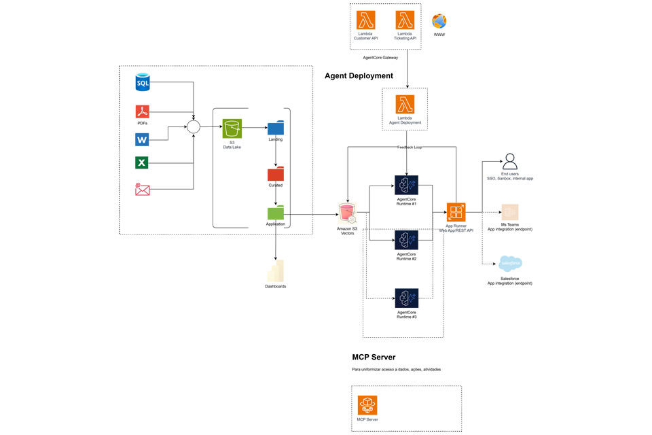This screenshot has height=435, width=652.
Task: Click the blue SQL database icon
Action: [x=143, y=83]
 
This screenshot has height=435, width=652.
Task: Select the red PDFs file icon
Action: [x=142, y=111]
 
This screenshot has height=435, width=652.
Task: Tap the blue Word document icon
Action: [x=142, y=140]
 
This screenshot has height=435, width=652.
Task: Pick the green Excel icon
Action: [x=142, y=162]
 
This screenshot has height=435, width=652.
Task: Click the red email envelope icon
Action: [x=142, y=189]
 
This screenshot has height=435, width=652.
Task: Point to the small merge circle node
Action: [x=194, y=127]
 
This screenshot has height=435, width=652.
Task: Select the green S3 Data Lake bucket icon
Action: [x=232, y=128]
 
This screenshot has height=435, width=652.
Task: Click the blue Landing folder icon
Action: [x=275, y=127]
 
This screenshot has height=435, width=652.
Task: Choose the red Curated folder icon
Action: [x=275, y=173]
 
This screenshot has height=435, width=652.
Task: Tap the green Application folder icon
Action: [x=275, y=213]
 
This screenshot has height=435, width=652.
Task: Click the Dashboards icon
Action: [x=275, y=271]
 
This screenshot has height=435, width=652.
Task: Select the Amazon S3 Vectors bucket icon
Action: [x=347, y=213]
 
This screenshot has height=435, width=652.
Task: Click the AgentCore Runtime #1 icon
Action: [x=406, y=186]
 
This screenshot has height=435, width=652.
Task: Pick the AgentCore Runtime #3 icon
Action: [x=406, y=298]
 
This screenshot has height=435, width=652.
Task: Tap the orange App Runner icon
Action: [x=456, y=213]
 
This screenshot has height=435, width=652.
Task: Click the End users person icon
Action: [x=509, y=162]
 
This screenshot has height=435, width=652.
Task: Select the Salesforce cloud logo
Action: [x=510, y=264]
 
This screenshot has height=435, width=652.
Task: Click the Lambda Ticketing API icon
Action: [x=405, y=20]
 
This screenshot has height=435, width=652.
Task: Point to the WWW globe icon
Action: [x=439, y=22]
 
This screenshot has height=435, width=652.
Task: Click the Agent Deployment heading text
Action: [x=359, y=76]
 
